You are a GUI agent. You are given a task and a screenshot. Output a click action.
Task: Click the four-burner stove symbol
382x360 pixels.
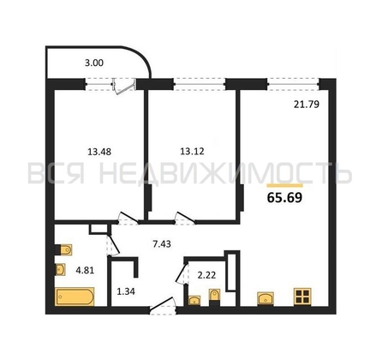pos(302,297)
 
